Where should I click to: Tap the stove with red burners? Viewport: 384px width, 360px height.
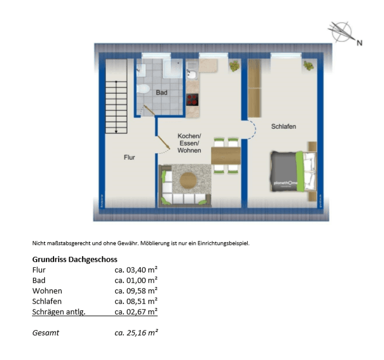click(193, 99)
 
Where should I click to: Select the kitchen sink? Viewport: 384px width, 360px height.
click(192, 74)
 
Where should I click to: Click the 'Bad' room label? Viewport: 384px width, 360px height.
click(161, 93)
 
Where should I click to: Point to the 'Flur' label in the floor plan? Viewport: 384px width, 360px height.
click(129, 157)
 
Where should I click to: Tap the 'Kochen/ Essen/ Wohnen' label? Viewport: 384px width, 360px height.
click(189, 143)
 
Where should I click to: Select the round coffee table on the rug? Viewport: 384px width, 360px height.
click(189, 180)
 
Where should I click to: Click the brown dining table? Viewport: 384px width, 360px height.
click(226, 156)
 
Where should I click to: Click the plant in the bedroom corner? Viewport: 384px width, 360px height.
click(308, 66)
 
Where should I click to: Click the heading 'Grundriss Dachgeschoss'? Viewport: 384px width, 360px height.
click(74, 259)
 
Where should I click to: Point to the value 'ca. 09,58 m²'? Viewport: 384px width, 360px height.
click(136, 291)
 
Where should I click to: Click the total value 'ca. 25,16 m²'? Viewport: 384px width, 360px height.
click(136, 333)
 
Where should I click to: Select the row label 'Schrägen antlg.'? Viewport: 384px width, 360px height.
click(59, 312)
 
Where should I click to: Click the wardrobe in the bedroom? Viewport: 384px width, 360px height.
click(254, 88)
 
